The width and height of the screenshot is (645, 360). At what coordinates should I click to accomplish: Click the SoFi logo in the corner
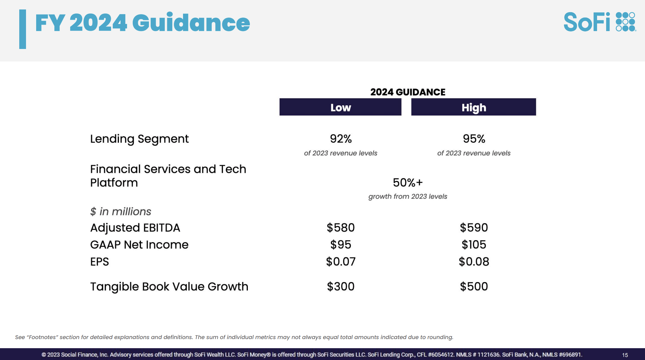pos(600,22)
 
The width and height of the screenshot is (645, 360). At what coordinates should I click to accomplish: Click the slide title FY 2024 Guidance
pos(143,23)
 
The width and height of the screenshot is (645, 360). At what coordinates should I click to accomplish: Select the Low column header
pos(340,107)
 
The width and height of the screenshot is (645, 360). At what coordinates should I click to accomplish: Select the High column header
pos(473,107)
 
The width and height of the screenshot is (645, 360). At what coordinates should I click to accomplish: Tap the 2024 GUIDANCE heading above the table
pos(408,92)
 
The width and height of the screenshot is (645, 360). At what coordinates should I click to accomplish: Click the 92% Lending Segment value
pos(341,138)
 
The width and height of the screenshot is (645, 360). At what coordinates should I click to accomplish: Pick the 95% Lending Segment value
pos(474,138)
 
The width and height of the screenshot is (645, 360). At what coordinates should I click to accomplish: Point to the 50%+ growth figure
pos(408,182)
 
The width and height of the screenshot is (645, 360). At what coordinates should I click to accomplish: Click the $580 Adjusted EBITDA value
pos(341,228)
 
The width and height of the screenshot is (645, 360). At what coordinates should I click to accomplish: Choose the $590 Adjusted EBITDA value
pos(474,228)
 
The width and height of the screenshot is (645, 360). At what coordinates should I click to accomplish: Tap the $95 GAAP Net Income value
pos(341,245)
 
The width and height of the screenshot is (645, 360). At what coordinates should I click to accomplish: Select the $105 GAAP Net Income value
pos(474,245)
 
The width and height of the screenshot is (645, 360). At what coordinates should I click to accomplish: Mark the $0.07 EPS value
pos(341,261)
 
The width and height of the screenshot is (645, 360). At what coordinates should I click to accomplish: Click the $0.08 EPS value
pos(474,261)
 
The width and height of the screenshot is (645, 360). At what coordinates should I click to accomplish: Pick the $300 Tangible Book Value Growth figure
pos(341,286)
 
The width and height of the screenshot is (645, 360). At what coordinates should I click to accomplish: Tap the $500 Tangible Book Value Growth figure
pos(474,286)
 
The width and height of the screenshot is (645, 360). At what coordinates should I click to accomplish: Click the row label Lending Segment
pos(139,139)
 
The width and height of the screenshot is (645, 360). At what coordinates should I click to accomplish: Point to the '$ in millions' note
pos(121,211)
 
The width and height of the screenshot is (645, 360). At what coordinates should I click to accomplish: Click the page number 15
pos(625,355)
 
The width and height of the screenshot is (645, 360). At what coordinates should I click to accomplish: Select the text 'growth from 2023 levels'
pos(408,197)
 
